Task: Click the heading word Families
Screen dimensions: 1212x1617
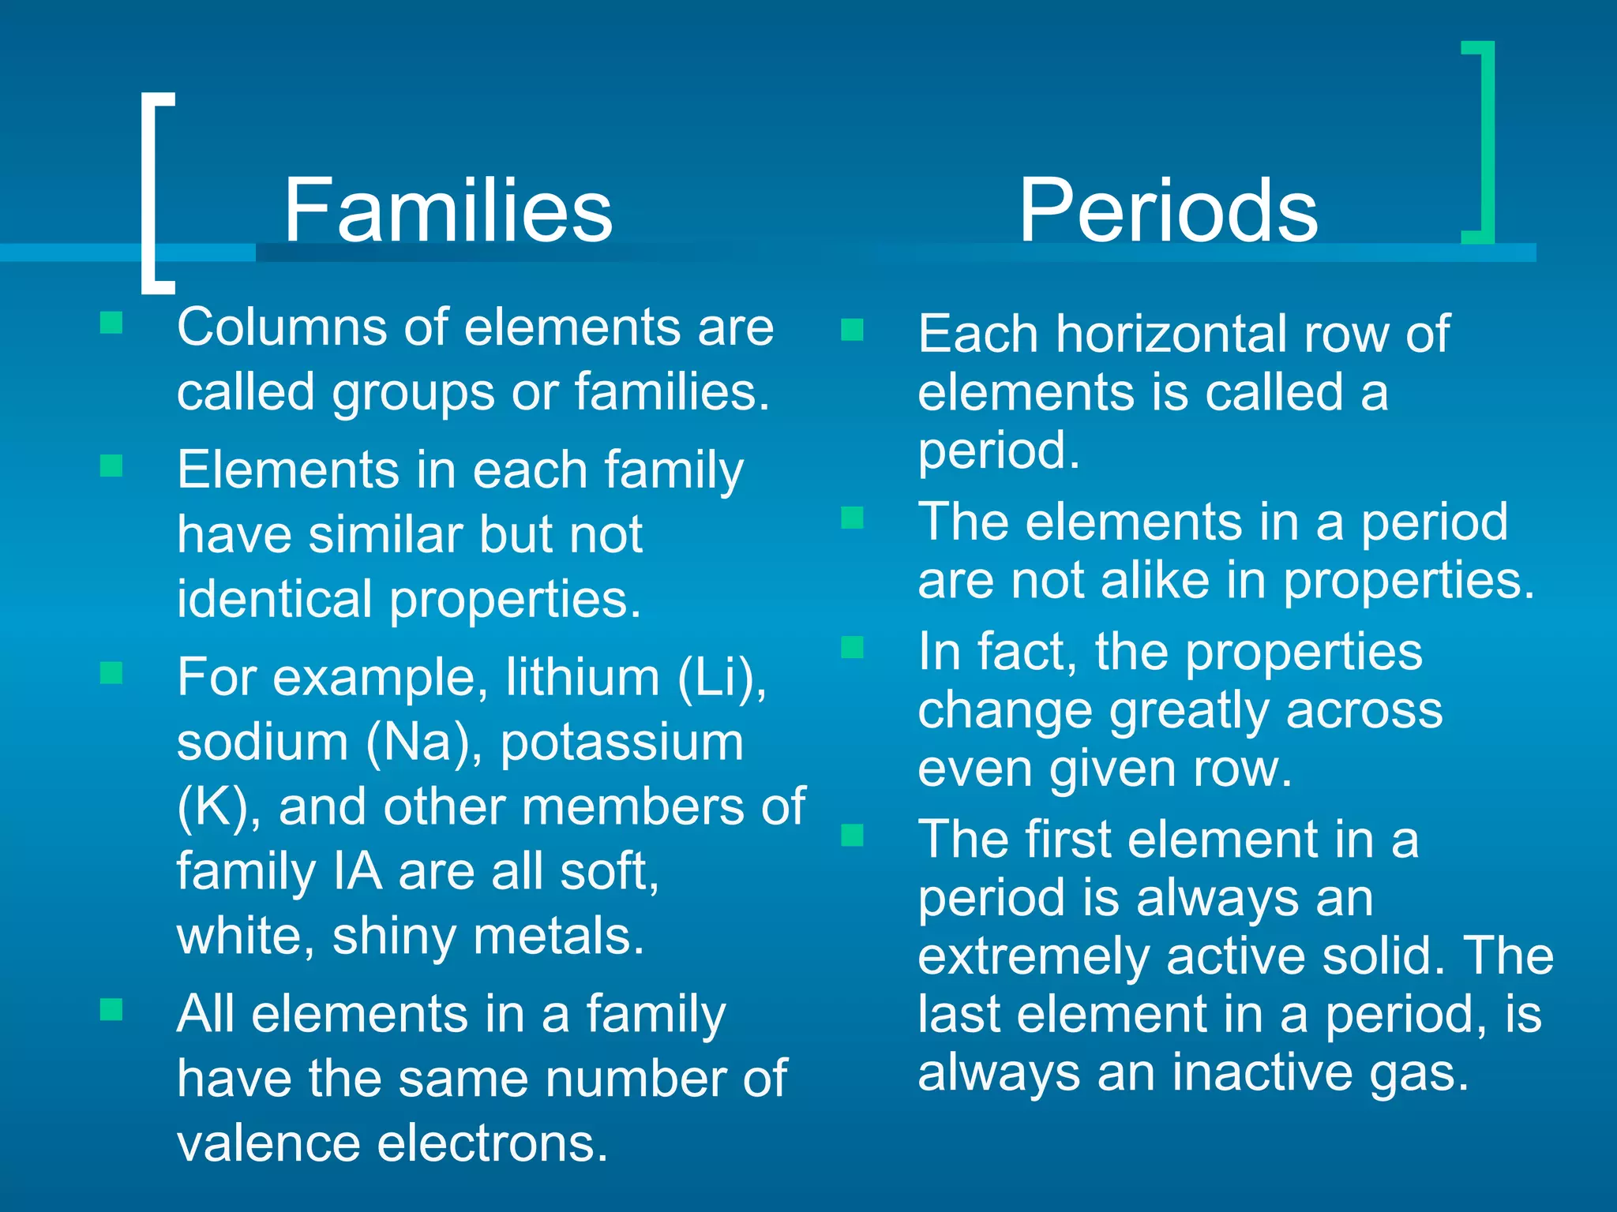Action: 448,211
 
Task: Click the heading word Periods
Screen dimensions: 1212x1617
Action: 1168,211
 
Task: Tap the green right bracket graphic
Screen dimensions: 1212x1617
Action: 1485,142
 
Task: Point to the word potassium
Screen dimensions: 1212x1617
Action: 621,743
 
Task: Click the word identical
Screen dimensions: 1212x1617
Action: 275,599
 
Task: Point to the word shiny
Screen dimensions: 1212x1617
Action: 396,937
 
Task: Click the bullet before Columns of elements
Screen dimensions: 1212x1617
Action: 111,323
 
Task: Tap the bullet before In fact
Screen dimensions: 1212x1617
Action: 852,648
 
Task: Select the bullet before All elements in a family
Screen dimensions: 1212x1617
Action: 111,1009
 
